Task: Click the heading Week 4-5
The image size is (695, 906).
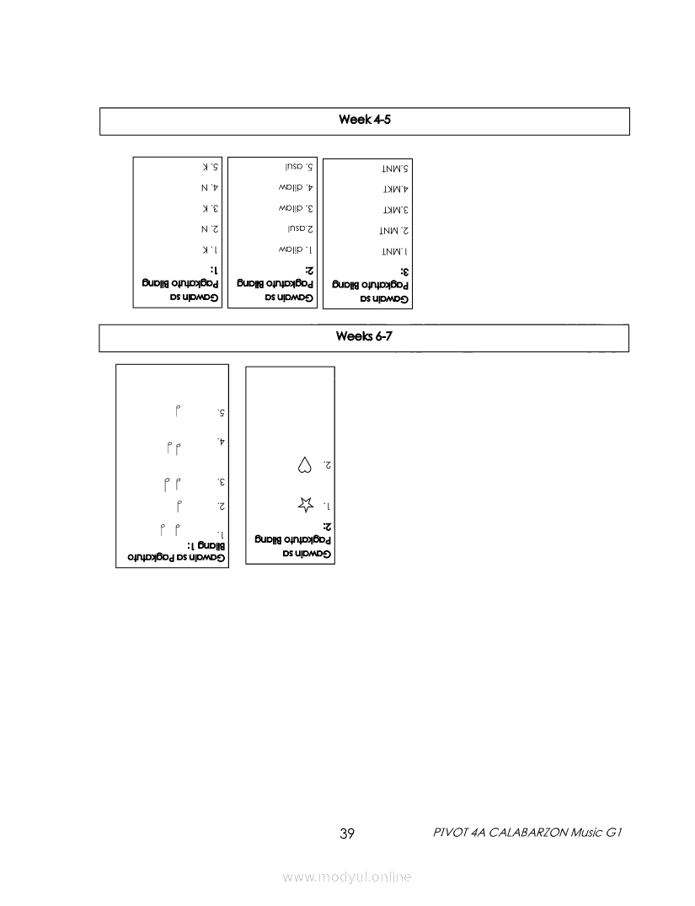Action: click(x=364, y=120)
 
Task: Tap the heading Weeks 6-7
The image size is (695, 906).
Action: click(x=364, y=337)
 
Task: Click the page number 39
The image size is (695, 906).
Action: click(x=346, y=834)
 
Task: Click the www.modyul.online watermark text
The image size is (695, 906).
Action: click(x=347, y=877)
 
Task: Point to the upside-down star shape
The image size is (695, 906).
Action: click(x=304, y=505)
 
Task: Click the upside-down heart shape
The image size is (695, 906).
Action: click(x=304, y=464)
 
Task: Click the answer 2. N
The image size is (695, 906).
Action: click(x=210, y=228)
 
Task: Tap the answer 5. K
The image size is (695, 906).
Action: click(x=210, y=167)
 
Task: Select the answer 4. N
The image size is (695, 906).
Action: click(x=210, y=187)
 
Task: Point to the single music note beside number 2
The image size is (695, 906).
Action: click(x=179, y=506)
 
